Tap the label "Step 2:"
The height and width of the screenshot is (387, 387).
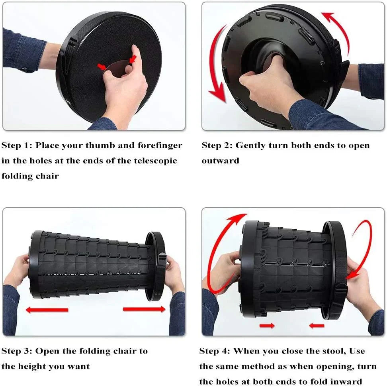click(x=217, y=145)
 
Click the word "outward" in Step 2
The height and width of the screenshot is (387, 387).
click(x=220, y=161)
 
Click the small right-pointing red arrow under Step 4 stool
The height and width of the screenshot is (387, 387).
click(x=267, y=326)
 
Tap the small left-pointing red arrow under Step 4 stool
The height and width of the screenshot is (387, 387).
click(x=317, y=326)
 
